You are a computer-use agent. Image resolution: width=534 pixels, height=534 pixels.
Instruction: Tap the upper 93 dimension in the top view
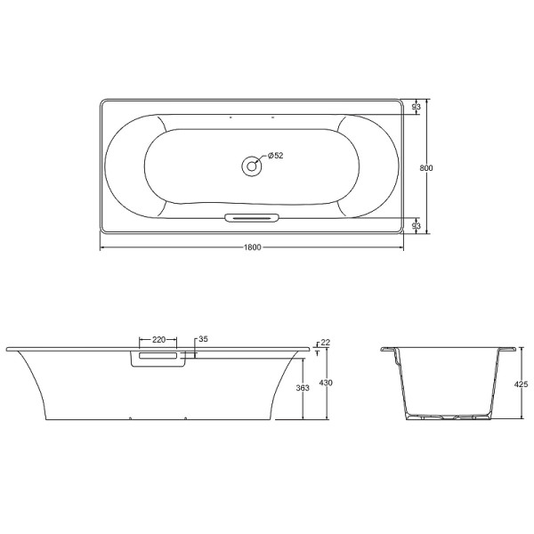coord(416,108)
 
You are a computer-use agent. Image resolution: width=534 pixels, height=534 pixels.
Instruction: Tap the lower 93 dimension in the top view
coord(416,227)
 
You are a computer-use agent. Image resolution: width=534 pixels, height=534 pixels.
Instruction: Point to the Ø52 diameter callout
coord(275,156)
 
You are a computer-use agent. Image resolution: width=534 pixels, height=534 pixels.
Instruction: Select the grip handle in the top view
coord(252,217)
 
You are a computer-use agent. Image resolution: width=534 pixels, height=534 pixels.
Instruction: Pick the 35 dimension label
coord(202,339)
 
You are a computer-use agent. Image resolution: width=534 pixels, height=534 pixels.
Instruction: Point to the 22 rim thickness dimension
coord(325,343)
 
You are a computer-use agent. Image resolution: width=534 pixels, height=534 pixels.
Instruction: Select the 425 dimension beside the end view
coord(522,384)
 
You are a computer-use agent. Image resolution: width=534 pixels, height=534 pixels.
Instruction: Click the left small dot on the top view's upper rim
coord(231,117)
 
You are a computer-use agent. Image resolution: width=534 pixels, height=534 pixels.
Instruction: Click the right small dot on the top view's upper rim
coord(273,117)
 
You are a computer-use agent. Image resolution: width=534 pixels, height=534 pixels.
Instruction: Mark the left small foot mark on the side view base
coord(131,417)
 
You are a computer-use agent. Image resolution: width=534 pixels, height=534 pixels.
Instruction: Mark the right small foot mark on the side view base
coord(185,417)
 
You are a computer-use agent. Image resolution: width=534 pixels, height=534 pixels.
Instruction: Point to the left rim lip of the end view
coord(388,350)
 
